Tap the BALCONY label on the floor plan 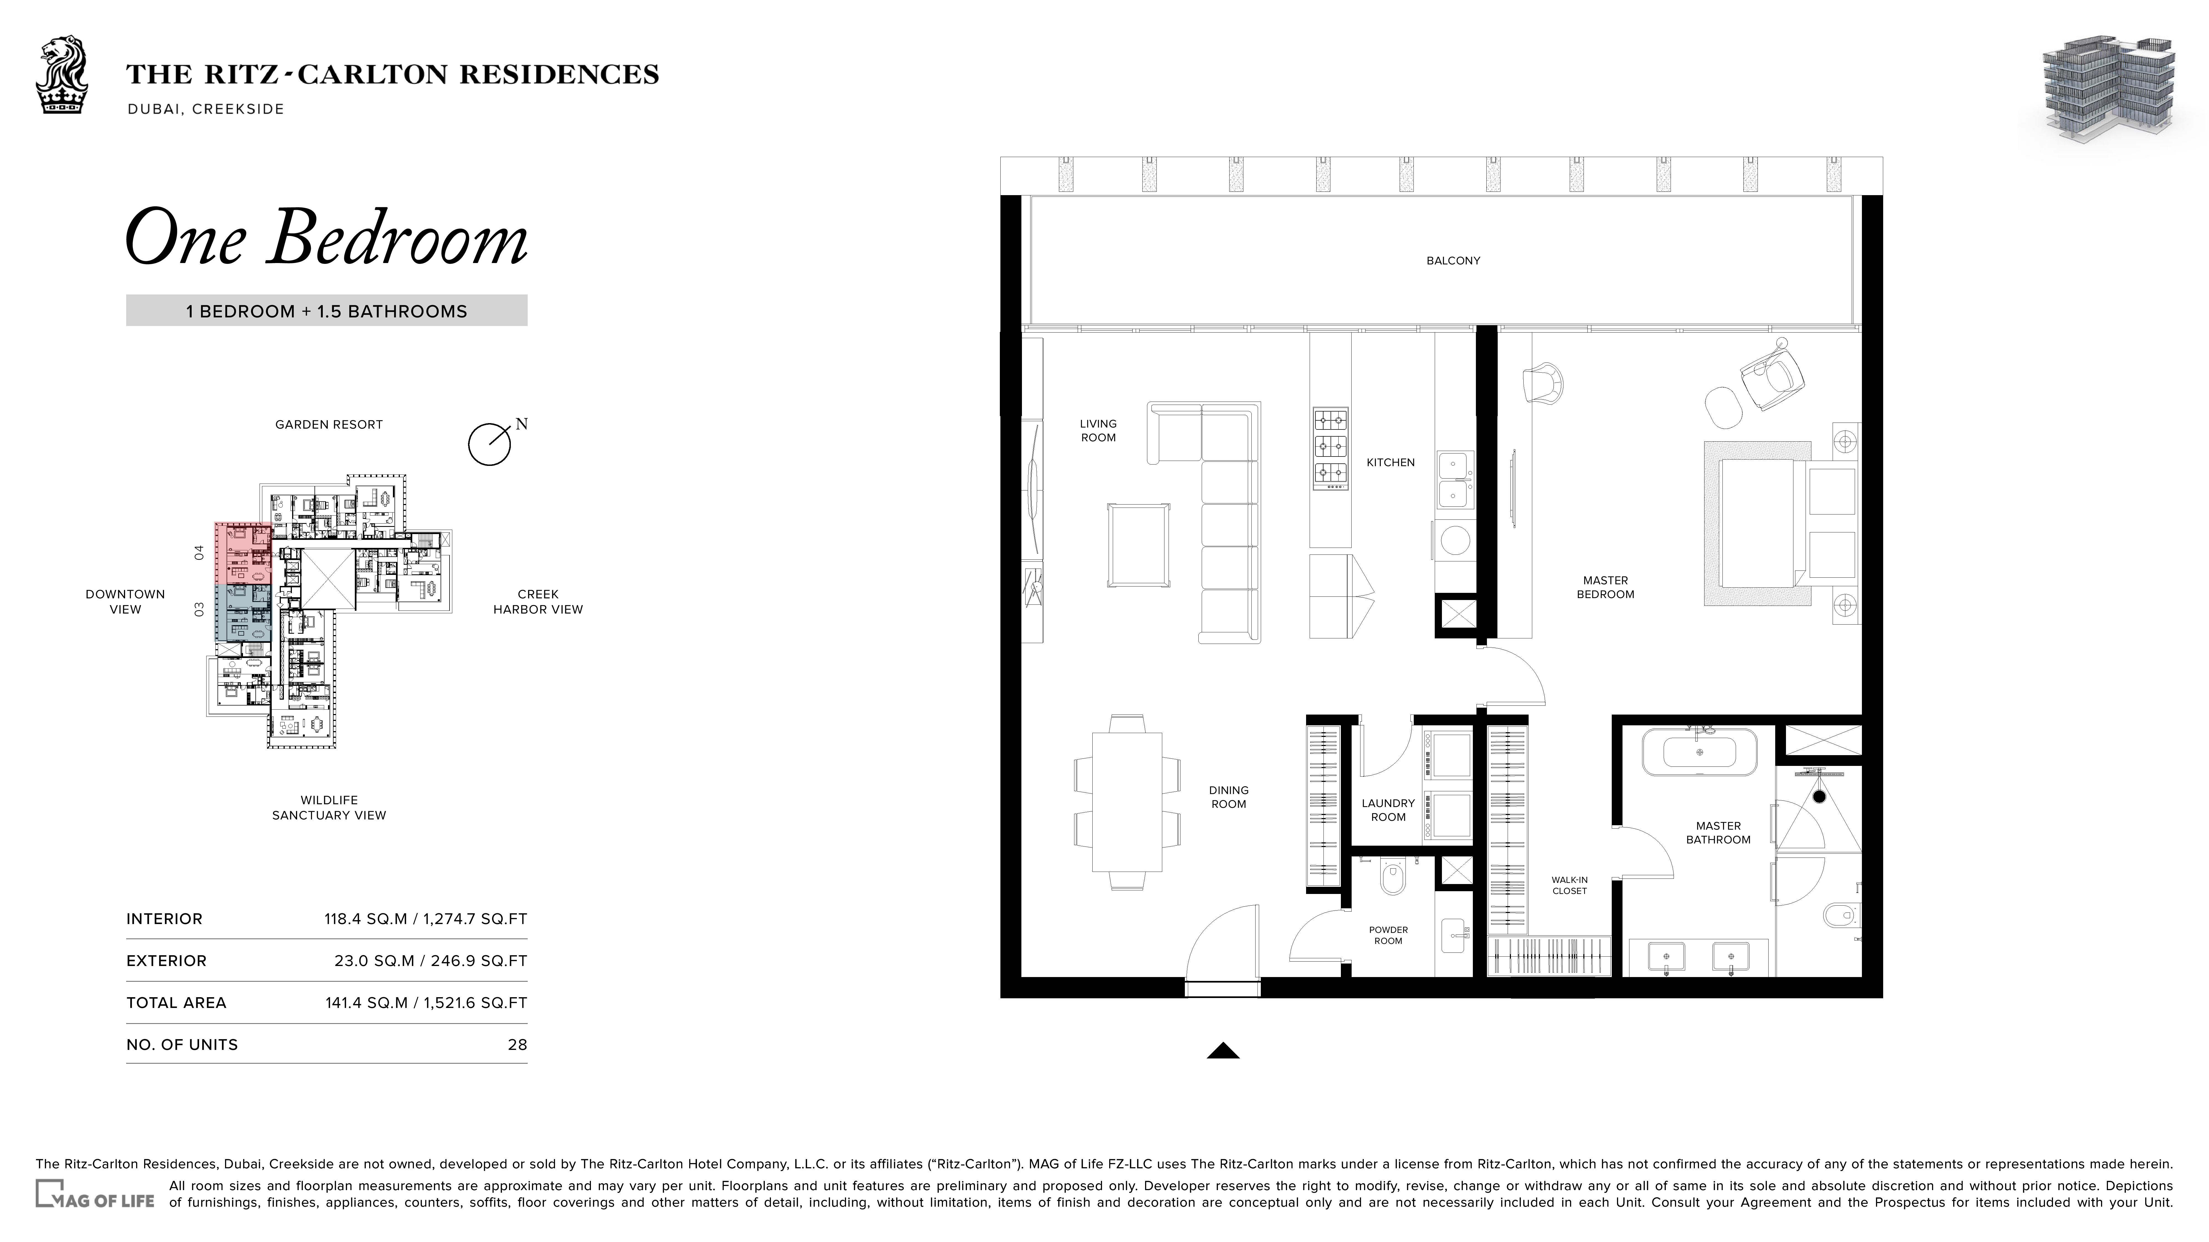point(1453,261)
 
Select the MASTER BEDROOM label point(1605,587)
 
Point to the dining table point(1127,802)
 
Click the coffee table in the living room point(1139,545)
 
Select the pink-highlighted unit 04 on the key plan point(243,553)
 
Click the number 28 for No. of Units point(517,1045)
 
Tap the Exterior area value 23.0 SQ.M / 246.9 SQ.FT point(430,961)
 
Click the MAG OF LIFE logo point(94,1194)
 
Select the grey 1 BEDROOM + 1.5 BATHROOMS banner point(327,310)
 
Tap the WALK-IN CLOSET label point(1569,885)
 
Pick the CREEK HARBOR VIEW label point(538,602)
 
